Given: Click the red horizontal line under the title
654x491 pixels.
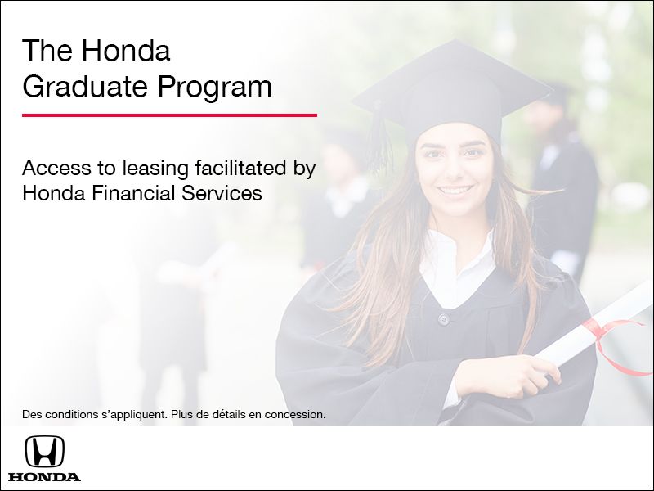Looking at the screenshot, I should pos(169,115).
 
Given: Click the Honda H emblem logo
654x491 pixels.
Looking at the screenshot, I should pos(44,451).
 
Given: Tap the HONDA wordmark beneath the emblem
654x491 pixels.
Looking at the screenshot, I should pos(44,476).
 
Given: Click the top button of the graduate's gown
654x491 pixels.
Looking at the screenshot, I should pos(443,318).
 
